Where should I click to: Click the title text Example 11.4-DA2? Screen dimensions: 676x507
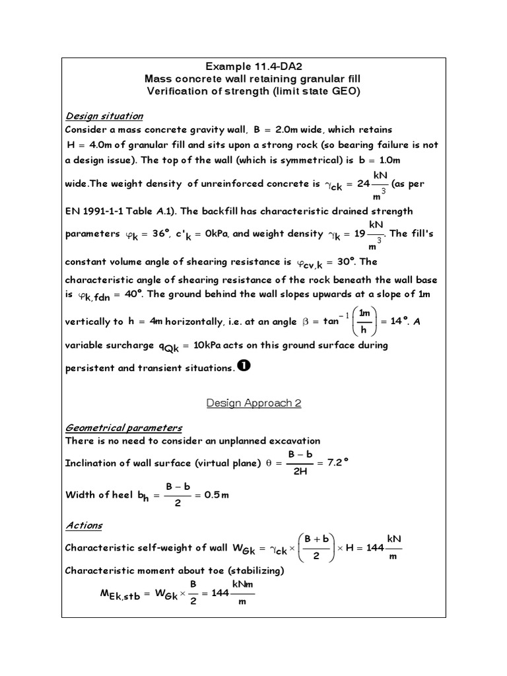click(253, 66)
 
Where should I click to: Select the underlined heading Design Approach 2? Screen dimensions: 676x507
click(253, 403)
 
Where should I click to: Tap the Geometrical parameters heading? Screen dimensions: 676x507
click(123, 427)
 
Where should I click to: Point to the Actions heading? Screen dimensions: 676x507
click(84, 525)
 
